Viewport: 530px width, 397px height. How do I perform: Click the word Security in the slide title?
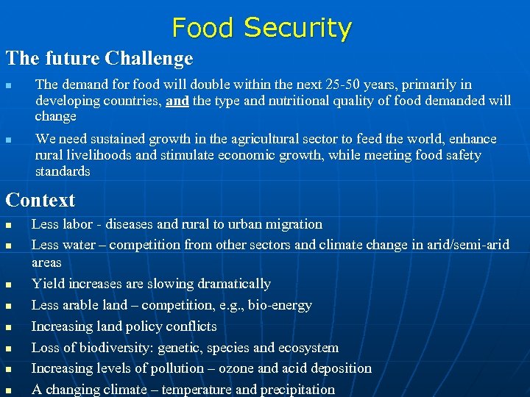pyautogui.click(x=297, y=28)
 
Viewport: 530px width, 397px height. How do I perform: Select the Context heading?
pyautogui.click(x=40, y=200)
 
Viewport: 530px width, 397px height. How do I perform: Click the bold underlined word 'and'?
pyautogui.click(x=177, y=101)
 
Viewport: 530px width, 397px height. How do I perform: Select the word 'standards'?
pyautogui.click(x=63, y=171)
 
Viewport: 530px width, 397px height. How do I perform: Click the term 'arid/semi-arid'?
pyautogui.click(x=463, y=244)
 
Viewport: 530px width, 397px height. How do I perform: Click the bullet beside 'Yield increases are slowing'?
pyautogui.click(x=9, y=285)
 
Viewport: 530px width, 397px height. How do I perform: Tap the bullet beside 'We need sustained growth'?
pyautogui.click(x=9, y=140)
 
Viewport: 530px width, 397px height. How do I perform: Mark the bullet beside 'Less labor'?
pyautogui.click(x=9, y=225)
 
